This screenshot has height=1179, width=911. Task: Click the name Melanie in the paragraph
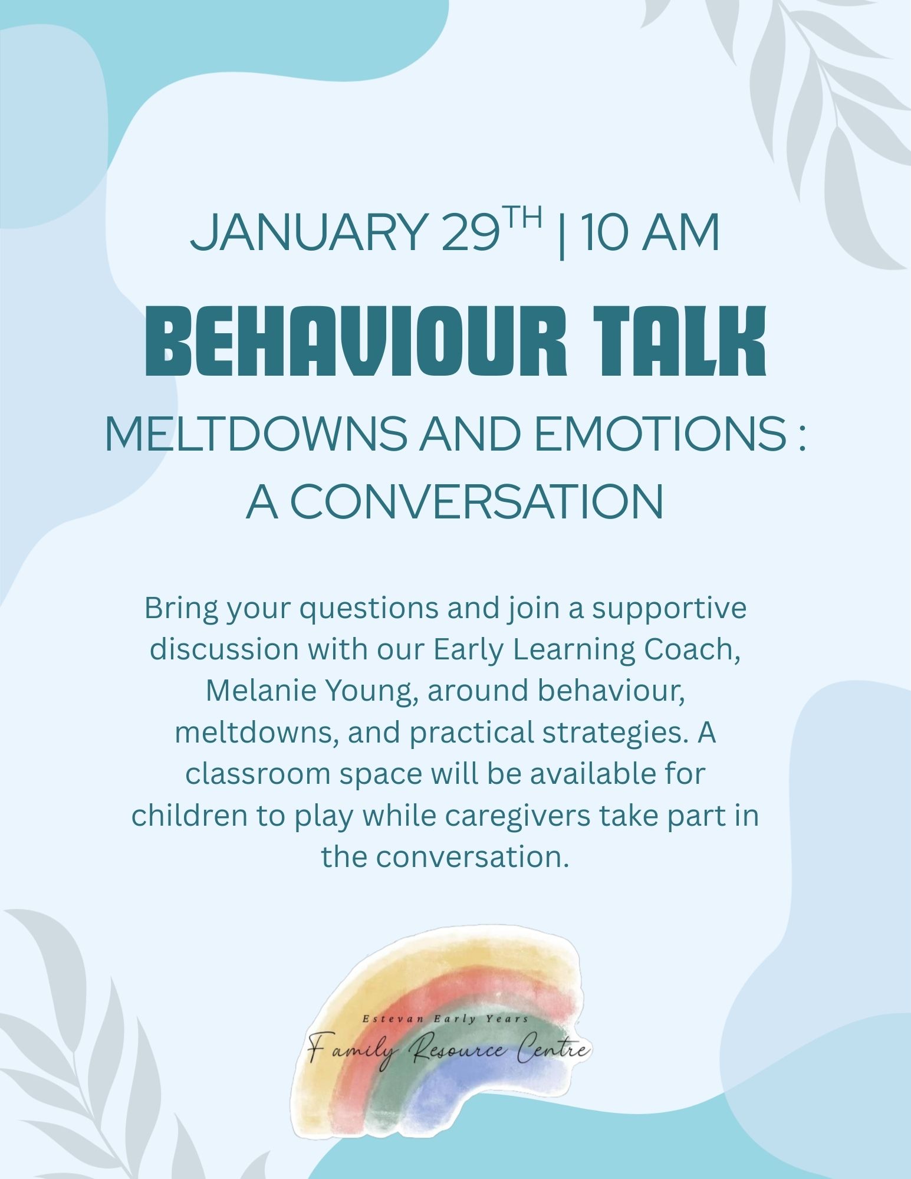256,691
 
